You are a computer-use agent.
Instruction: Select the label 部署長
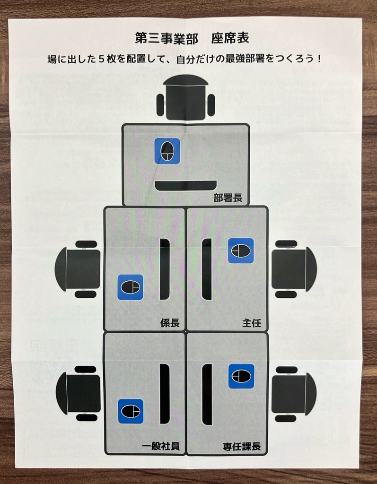point(228,198)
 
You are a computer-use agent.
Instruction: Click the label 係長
point(170,323)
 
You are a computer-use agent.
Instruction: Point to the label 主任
point(252,323)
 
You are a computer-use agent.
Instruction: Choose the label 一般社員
point(161,446)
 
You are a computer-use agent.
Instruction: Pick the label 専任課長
point(242,446)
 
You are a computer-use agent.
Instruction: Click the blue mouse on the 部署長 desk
point(167,151)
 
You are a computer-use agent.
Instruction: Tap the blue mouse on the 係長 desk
point(130,287)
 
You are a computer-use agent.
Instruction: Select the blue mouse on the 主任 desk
point(241,251)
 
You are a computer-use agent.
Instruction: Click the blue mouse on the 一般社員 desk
point(131,411)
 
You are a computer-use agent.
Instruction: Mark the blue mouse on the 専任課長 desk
point(241,376)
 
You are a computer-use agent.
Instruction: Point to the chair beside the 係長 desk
point(78,269)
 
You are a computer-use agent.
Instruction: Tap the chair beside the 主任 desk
point(293,269)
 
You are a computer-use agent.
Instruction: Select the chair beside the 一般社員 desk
point(79,393)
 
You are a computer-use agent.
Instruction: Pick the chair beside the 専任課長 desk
point(293,393)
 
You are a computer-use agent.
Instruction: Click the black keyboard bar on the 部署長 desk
point(185,185)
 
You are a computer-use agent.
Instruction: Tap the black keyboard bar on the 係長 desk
point(165,269)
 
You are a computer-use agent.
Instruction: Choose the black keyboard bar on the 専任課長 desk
point(207,394)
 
